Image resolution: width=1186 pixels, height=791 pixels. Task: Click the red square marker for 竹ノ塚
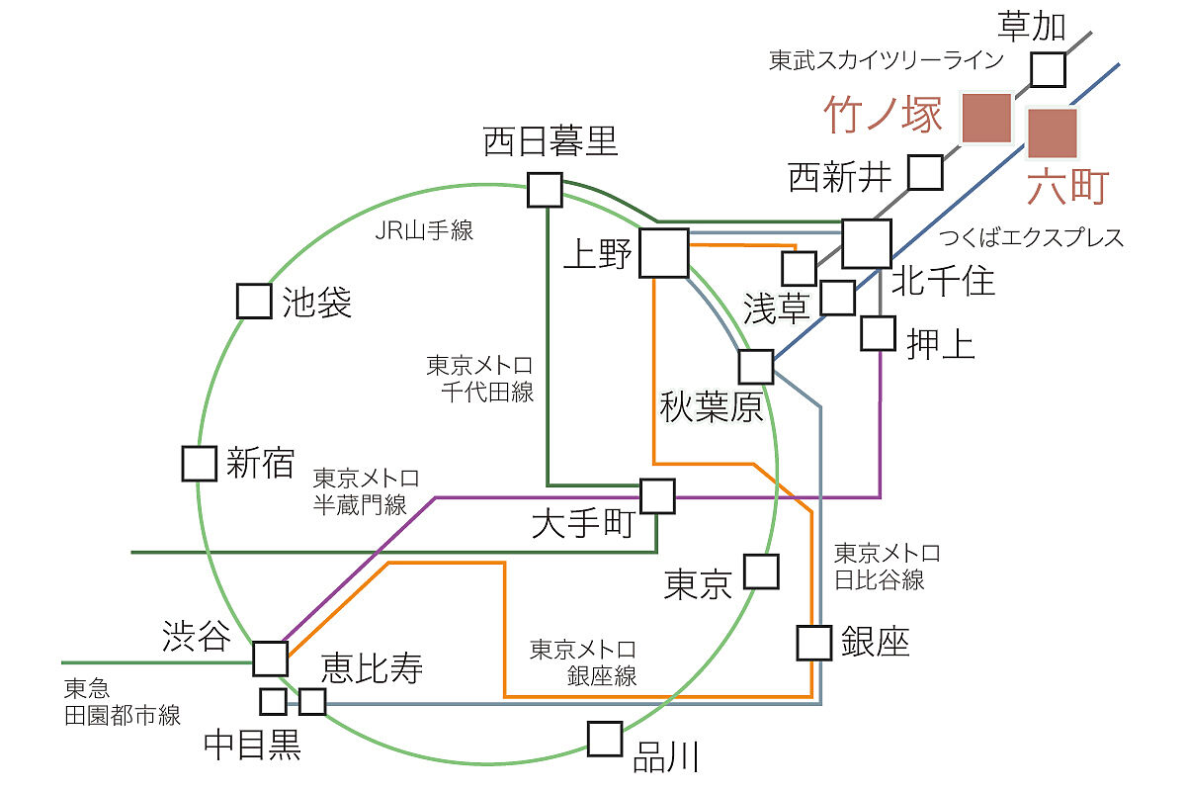(x=986, y=118)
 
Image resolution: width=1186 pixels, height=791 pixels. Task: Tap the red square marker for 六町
(x=1052, y=133)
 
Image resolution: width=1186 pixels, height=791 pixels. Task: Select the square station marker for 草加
(x=1048, y=69)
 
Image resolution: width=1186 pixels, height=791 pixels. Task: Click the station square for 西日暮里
(x=545, y=189)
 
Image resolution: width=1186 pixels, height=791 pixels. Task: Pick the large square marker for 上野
(x=664, y=253)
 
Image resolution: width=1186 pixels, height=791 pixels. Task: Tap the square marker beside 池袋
(x=254, y=301)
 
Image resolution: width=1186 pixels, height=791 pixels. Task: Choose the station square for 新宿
(x=199, y=463)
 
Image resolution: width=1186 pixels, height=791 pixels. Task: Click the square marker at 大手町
(x=657, y=495)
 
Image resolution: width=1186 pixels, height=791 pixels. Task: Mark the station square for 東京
(x=761, y=571)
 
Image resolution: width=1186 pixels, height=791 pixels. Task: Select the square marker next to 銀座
(x=814, y=644)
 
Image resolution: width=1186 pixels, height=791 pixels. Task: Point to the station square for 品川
(x=605, y=738)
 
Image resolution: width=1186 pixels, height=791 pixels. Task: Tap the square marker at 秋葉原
(x=756, y=367)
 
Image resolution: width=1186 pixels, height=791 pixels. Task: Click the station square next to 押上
(x=878, y=333)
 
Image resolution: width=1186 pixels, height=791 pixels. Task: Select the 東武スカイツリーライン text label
(x=886, y=60)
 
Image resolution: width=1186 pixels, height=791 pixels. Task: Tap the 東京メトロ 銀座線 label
(x=583, y=662)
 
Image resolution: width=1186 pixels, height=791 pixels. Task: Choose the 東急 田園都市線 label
(x=122, y=702)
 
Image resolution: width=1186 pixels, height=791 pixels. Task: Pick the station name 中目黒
(x=251, y=745)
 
